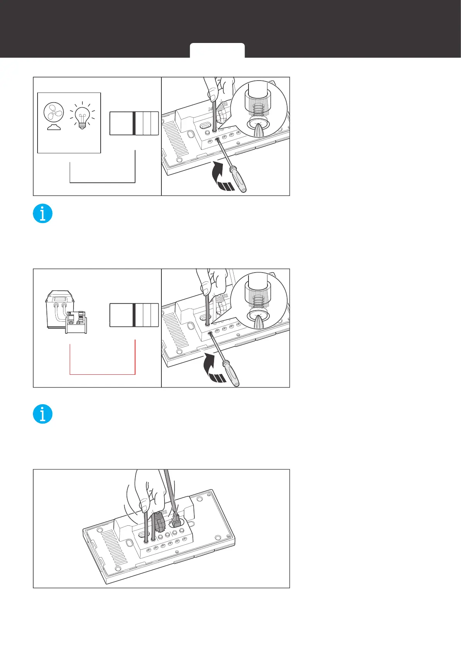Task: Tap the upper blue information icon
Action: pos(43,213)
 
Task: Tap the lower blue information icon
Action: pos(43,414)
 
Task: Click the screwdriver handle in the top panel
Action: pos(238,180)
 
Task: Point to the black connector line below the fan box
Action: pos(102,182)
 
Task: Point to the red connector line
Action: pos(102,374)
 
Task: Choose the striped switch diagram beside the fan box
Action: pos(134,123)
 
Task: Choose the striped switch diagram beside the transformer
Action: pos(134,315)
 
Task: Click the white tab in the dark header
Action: pos(217,51)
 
